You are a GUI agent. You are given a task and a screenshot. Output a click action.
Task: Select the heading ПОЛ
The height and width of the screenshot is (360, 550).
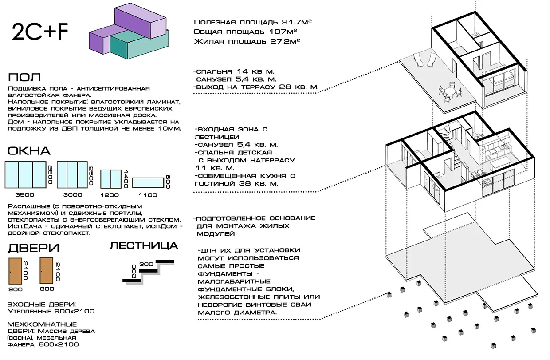click(x=24, y=77)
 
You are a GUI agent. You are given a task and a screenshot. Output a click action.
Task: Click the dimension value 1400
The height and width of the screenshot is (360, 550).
click(x=126, y=179)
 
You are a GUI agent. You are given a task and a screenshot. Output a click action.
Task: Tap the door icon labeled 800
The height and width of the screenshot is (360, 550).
click(x=47, y=270)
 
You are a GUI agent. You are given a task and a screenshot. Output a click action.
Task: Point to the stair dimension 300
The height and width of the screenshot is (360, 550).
click(x=146, y=264)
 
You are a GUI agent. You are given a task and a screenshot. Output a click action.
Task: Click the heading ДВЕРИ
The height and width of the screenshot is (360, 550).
click(x=33, y=248)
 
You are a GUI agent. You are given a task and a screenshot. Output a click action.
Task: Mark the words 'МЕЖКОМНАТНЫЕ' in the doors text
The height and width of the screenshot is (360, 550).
click(x=43, y=324)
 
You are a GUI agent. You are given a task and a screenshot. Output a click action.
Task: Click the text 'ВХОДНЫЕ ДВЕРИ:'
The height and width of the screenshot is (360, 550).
click(x=42, y=305)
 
